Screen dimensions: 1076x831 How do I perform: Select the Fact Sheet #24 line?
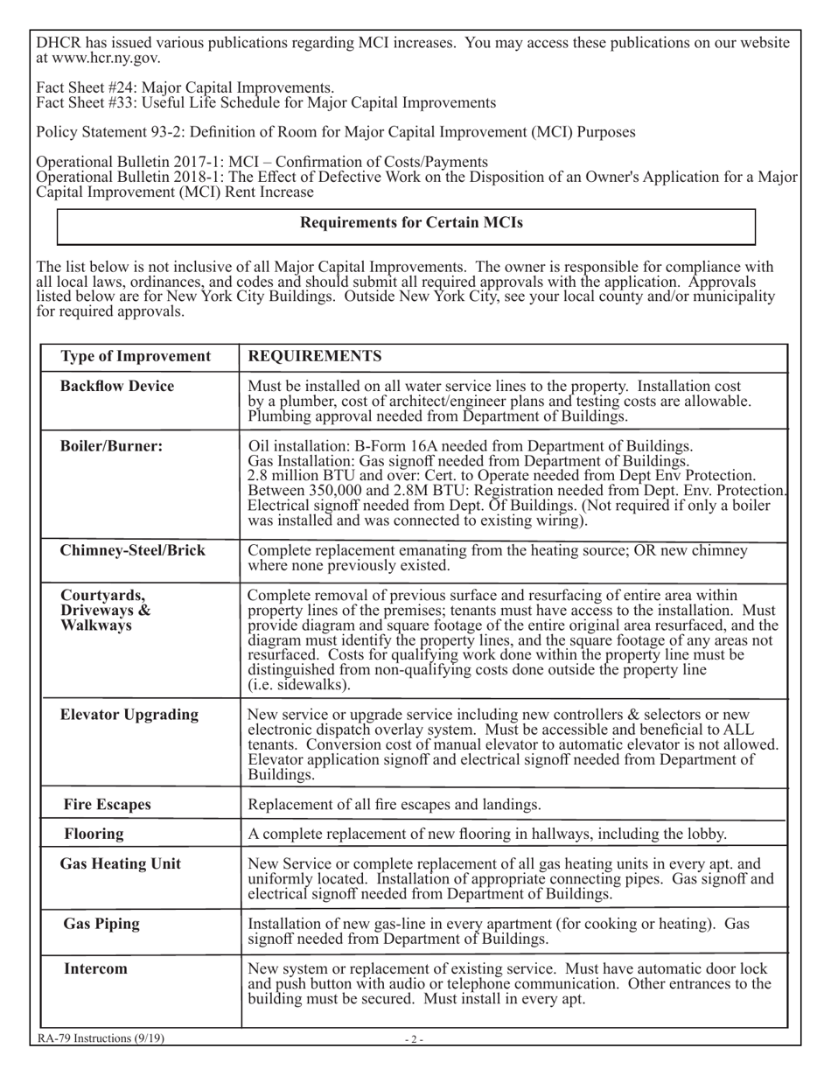click(185, 87)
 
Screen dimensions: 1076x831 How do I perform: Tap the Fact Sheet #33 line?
click(266, 102)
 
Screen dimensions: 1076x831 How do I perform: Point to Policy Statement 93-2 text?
click(336, 132)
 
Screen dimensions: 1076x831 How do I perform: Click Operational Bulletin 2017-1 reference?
click(262, 162)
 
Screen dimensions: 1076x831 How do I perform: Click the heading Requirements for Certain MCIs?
click(411, 223)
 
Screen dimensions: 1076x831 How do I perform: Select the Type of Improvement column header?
click(136, 356)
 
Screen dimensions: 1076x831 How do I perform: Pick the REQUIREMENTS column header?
click(315, 356)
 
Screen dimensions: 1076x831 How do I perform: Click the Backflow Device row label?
click(117, 386)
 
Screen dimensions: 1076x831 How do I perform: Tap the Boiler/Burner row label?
click(111, 445)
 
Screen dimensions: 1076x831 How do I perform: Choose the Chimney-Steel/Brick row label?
click(132, 550)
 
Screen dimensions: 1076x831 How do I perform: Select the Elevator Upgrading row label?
click(129, 715)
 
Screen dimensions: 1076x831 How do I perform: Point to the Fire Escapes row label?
click(108, 804)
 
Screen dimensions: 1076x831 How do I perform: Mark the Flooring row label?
click(94, 834)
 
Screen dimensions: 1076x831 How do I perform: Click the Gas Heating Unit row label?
click(121, 864)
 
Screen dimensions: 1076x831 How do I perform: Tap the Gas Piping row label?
click(101, 924)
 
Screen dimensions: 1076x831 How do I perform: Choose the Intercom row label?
click(95, 968)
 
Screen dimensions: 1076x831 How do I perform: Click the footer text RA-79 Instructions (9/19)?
click(101, 1038)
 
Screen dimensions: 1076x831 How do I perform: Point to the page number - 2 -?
click(414, 1039)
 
